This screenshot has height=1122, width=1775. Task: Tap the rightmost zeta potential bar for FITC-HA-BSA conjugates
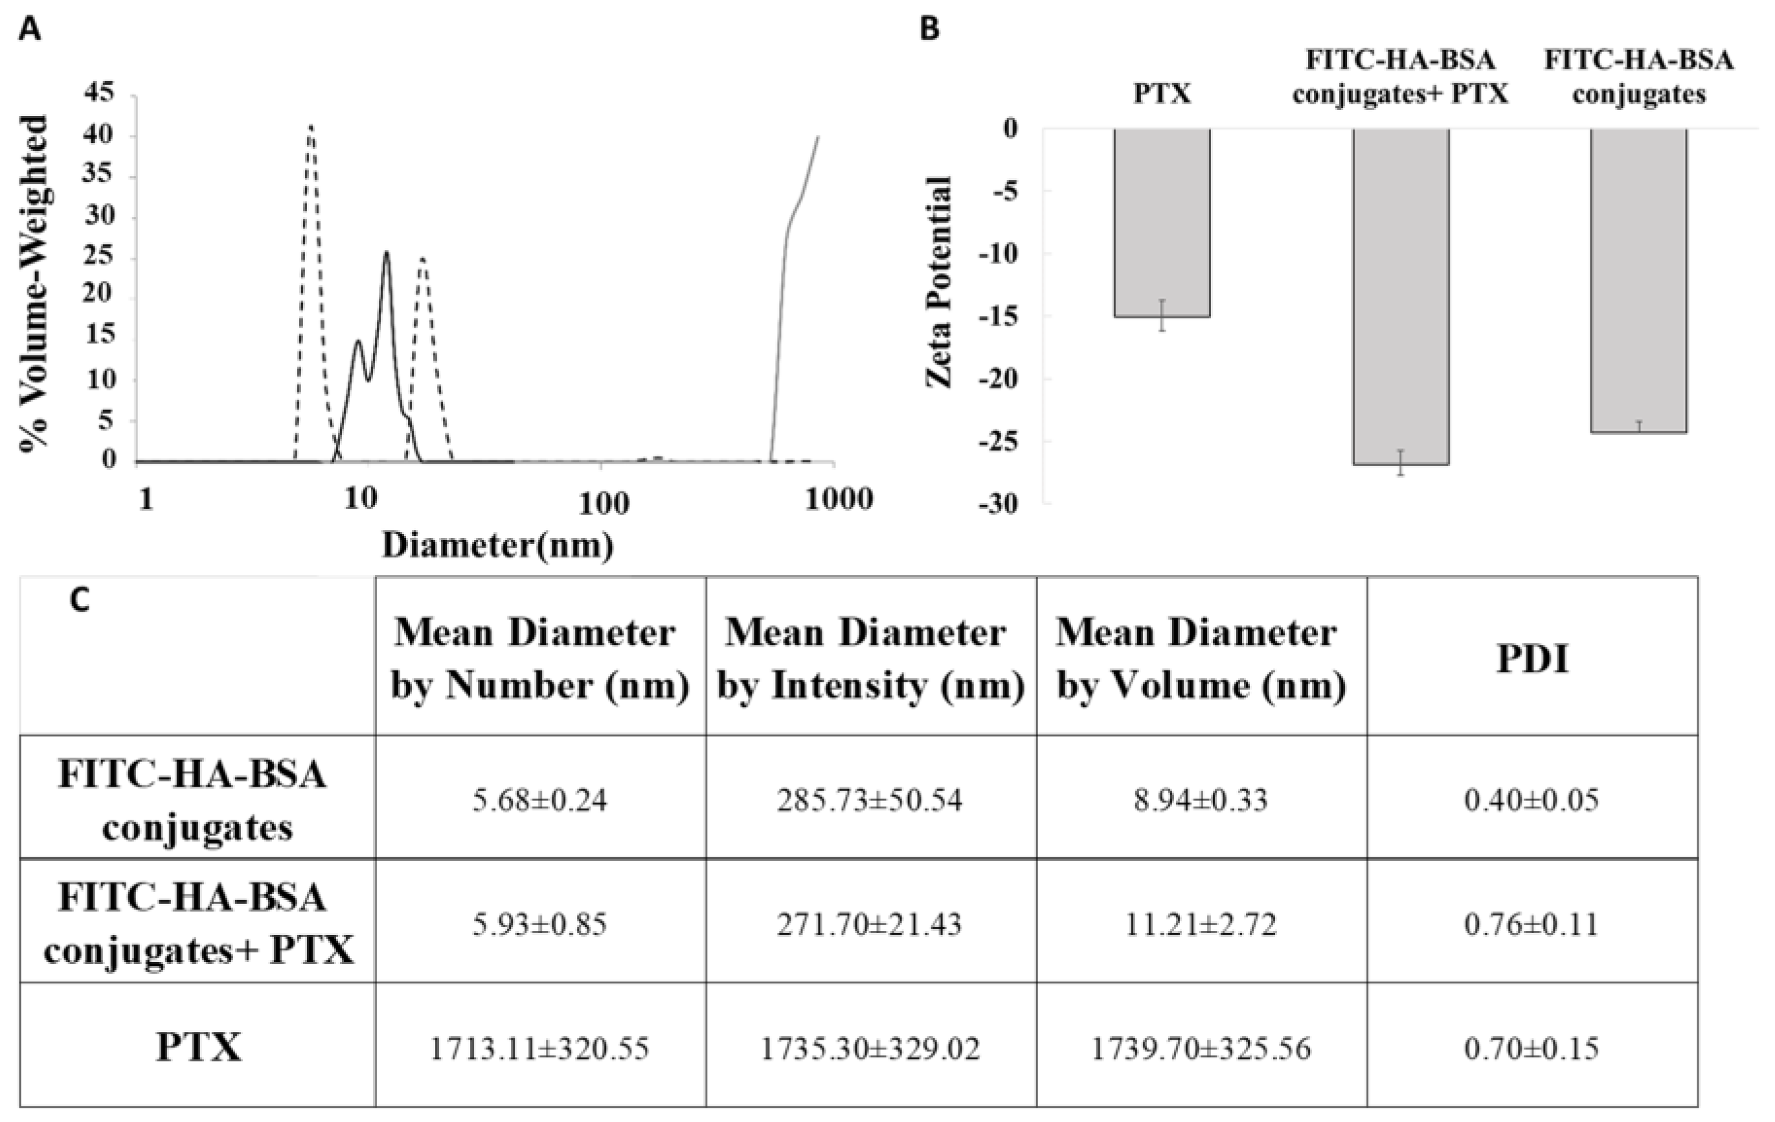[x=1638, y=280]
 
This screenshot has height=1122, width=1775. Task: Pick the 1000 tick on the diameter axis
[x=839, y=500]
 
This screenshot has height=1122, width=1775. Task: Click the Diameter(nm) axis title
[x=497, y=546]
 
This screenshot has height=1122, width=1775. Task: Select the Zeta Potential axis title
[x=939, y=282]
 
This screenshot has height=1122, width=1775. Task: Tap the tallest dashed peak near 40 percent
[x=310, y=128]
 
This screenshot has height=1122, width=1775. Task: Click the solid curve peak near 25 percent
[x=385, y=253]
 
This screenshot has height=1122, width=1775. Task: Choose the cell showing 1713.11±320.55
[x=539, y=1048]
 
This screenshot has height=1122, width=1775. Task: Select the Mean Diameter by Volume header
[x=1200, y=659]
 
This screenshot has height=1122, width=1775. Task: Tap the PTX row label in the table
[x=198, y=1047]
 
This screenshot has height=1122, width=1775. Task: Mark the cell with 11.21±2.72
[x=1200, y=925]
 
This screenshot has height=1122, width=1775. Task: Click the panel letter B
[x=931, y=31]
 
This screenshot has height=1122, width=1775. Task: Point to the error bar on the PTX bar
[x=1162, y=315]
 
